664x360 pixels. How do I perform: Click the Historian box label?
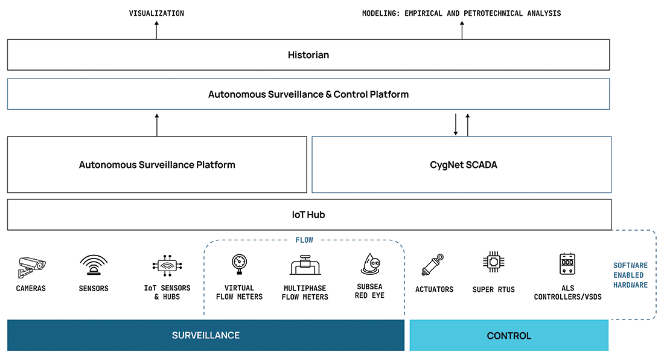tap(308, 55)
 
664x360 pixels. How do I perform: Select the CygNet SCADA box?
tap(461, 164)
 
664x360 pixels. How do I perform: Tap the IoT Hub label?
tap(308, 214)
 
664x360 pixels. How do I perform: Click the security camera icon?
tap(31, 265)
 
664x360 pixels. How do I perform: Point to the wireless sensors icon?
tap(94, 265)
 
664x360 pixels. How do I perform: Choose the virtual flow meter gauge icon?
tap(239, 263)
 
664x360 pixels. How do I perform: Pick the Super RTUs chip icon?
tap(493, 263)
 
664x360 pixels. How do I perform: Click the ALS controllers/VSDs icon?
tap(567, 264)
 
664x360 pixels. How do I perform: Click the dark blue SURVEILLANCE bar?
tap(205, 335)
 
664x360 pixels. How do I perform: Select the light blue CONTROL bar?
tap(509, 335)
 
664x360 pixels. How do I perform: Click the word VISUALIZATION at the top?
tap(156, 13)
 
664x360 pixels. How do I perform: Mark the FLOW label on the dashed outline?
tap(304, 240)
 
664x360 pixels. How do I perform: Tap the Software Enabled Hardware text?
tap(630, 275)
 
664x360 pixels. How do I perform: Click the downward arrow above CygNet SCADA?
tap(456, 124)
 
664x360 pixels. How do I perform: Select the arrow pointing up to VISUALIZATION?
tap(156, 30)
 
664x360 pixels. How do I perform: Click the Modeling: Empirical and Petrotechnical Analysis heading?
tap(461, 13)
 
